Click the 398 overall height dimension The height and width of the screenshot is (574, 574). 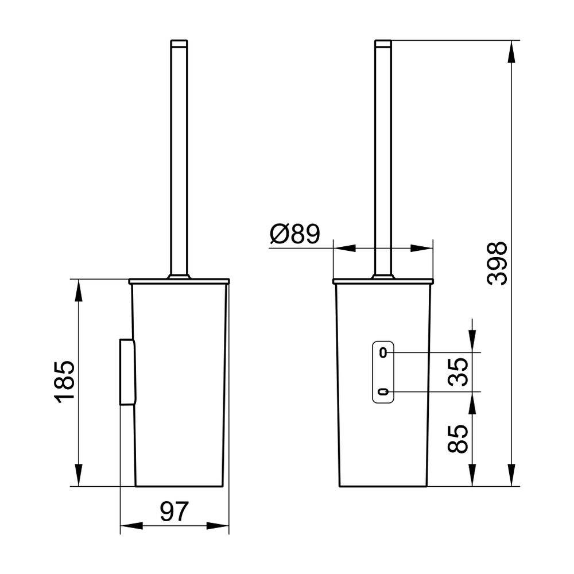(497, 263)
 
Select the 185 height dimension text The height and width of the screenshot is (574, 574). (65, 382)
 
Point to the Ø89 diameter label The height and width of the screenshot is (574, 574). (294, 234)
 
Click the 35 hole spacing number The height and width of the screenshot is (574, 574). (458, 372)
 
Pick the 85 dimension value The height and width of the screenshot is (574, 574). (458, 439)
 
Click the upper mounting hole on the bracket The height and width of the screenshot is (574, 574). (383, 352)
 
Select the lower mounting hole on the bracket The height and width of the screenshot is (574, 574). (383, 392)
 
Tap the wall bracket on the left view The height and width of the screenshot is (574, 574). (127, 372)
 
